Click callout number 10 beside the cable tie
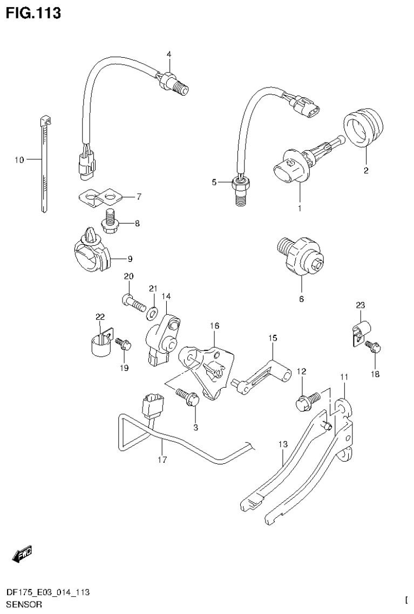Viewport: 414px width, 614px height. tap(19, 160)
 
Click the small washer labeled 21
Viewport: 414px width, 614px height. tap(153, 311)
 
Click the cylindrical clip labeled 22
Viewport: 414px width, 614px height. tap(99, 345)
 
